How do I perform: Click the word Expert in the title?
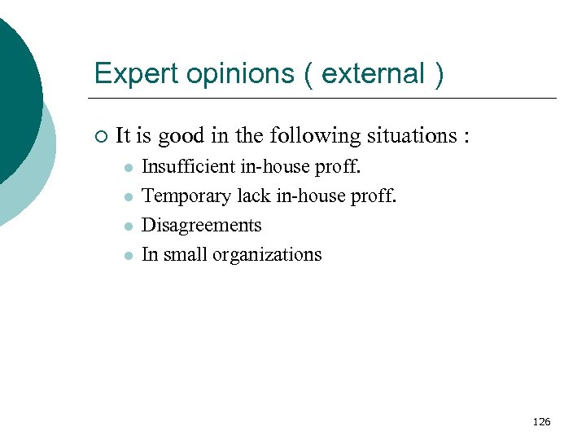(125, 74)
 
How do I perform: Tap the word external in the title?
(374, 74)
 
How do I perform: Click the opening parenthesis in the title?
(308, 74)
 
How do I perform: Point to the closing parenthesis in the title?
(439, 74)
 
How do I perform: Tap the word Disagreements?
(202, 225)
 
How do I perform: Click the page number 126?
(541, 421)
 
